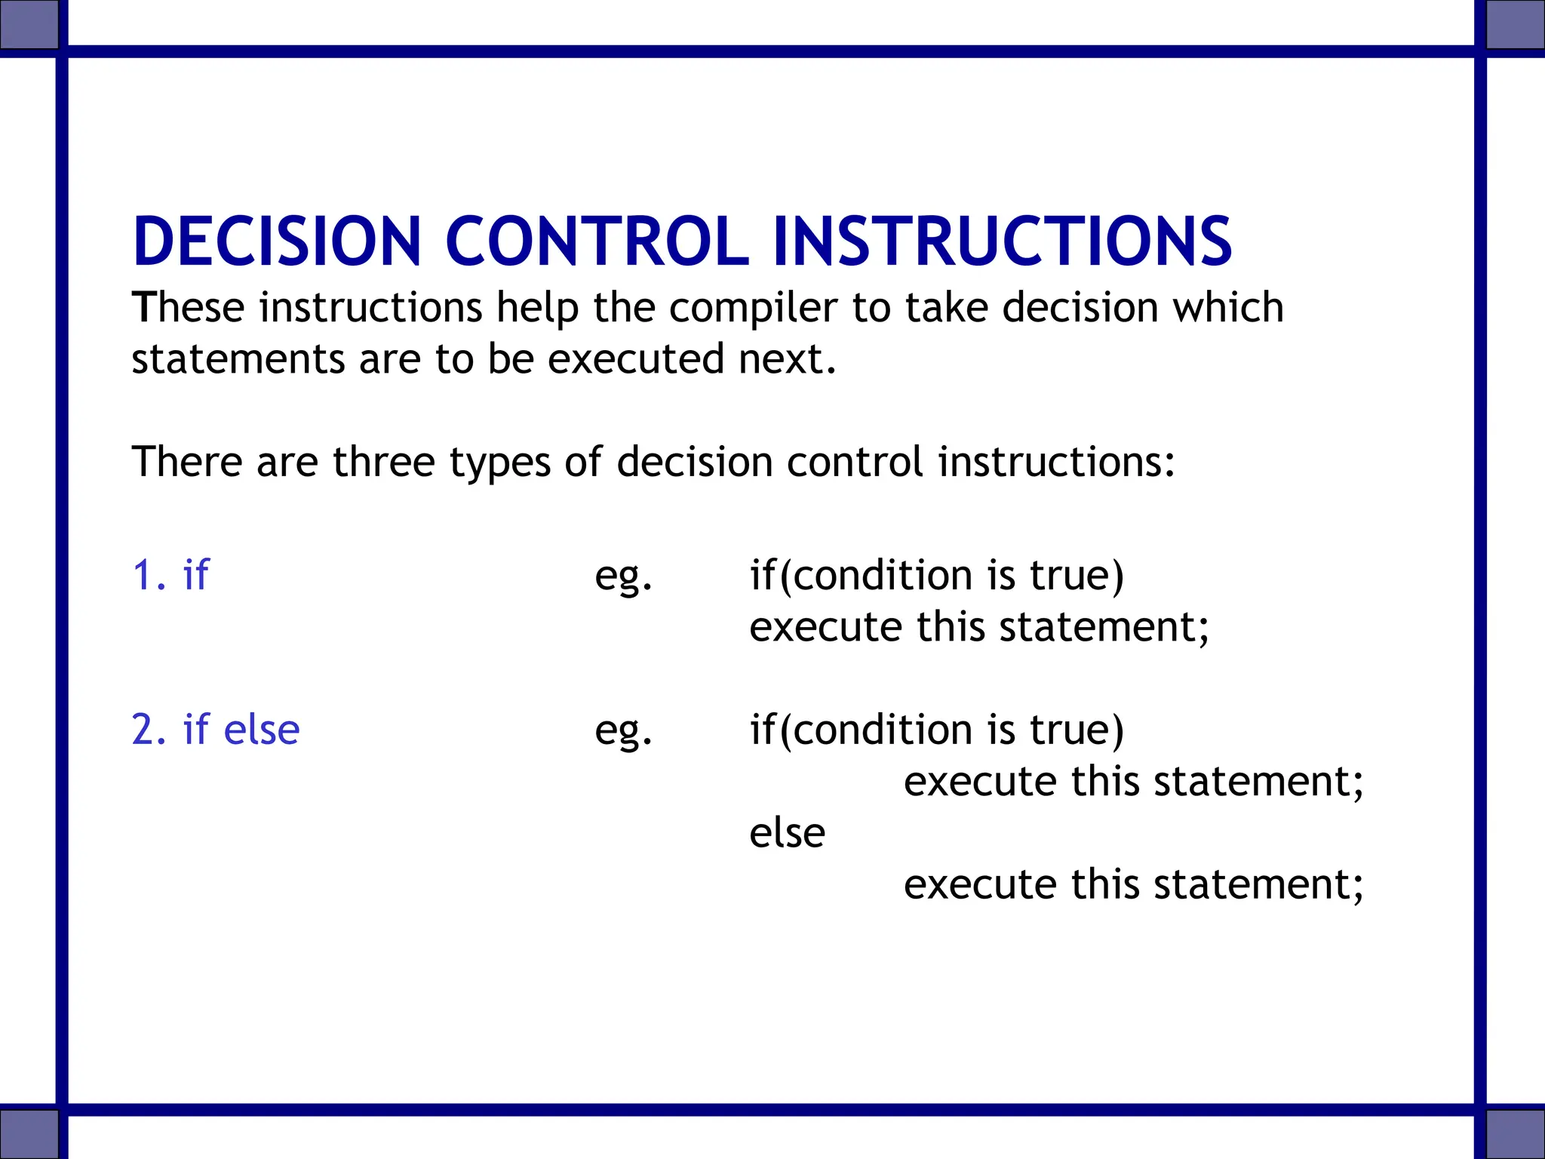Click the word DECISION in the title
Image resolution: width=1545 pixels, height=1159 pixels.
tap(276, 241)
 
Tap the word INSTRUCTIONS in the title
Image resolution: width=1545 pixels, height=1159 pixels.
tap(1002, 241)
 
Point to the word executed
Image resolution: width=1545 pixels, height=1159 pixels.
tap(635, 359)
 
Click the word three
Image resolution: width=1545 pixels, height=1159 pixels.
tap(383, 462)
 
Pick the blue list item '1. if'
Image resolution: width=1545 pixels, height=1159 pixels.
tap(170, 575)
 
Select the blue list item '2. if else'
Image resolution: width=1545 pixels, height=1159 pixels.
tap(216, 730)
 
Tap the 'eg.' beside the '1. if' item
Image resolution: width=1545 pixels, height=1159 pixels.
tap(623, 577)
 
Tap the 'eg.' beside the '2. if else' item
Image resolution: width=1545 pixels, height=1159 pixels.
tap(623, 732)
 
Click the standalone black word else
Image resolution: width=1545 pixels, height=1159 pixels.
tap(787, 833)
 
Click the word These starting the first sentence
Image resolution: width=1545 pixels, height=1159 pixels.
tap(188, 308)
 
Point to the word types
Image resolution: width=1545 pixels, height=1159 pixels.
tap(499, 463)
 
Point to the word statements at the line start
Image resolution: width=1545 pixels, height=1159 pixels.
tap(238, 359)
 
